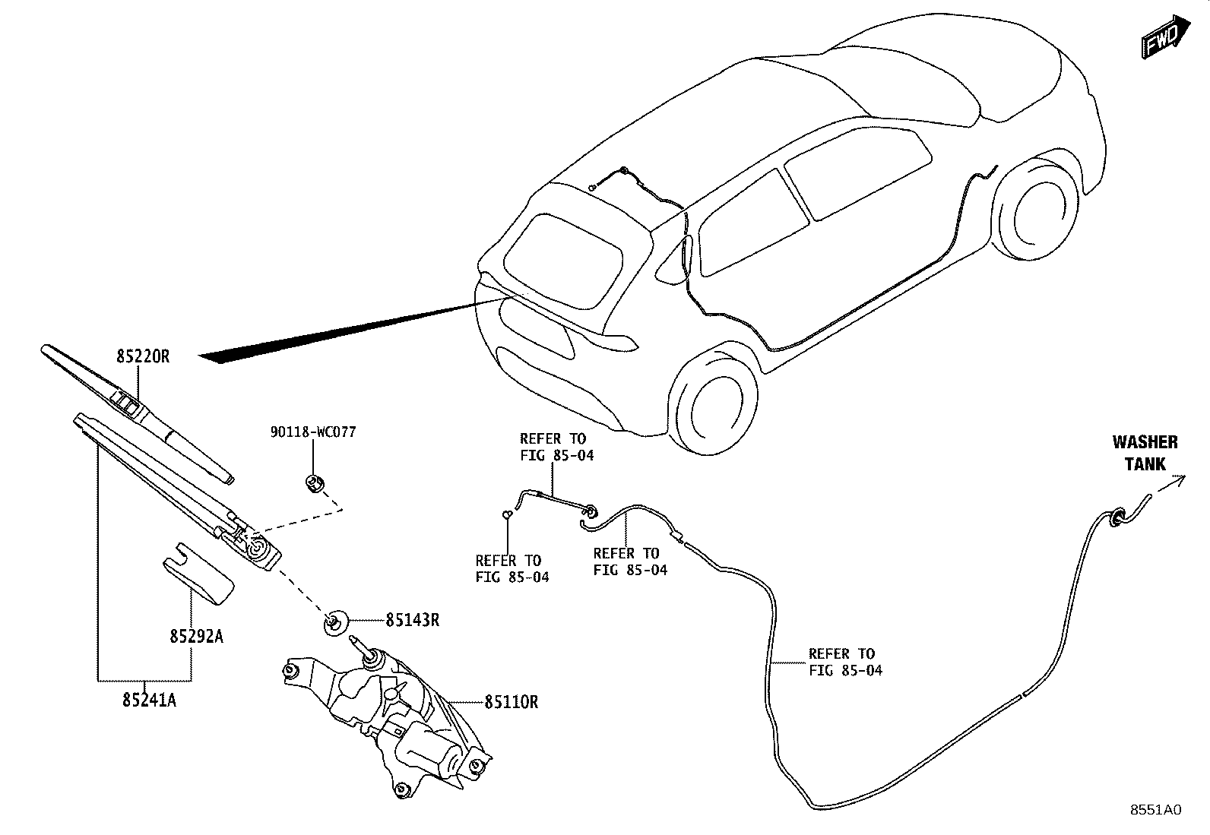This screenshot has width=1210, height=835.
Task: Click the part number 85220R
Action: click(x=143, y=357)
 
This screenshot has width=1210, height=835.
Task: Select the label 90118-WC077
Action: click(x=313, y=432)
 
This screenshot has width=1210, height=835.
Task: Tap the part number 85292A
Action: click(x=197, y=637)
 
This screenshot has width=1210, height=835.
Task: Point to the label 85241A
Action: click(x=150, y=701)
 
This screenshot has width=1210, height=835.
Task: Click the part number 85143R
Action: click(x=413, y=621)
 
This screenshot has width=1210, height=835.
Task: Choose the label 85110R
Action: click(x=512, y=702)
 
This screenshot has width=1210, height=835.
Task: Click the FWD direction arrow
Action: click(x=1166, y=36)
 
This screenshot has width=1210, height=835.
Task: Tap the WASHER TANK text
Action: click(x=1145, y=453)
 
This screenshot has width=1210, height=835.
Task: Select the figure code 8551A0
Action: click(x=1156, y=810)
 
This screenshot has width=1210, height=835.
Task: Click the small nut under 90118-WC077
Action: click(x=315, y=483)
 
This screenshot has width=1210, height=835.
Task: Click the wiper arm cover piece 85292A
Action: click(x=198, y=574)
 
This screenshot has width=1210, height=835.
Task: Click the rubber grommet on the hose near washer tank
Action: click(x=1116, y=518)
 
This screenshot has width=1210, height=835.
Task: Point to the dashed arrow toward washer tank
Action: click(x=1169, y=485)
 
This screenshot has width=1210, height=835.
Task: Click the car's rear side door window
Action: click(x=753, y=223)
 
